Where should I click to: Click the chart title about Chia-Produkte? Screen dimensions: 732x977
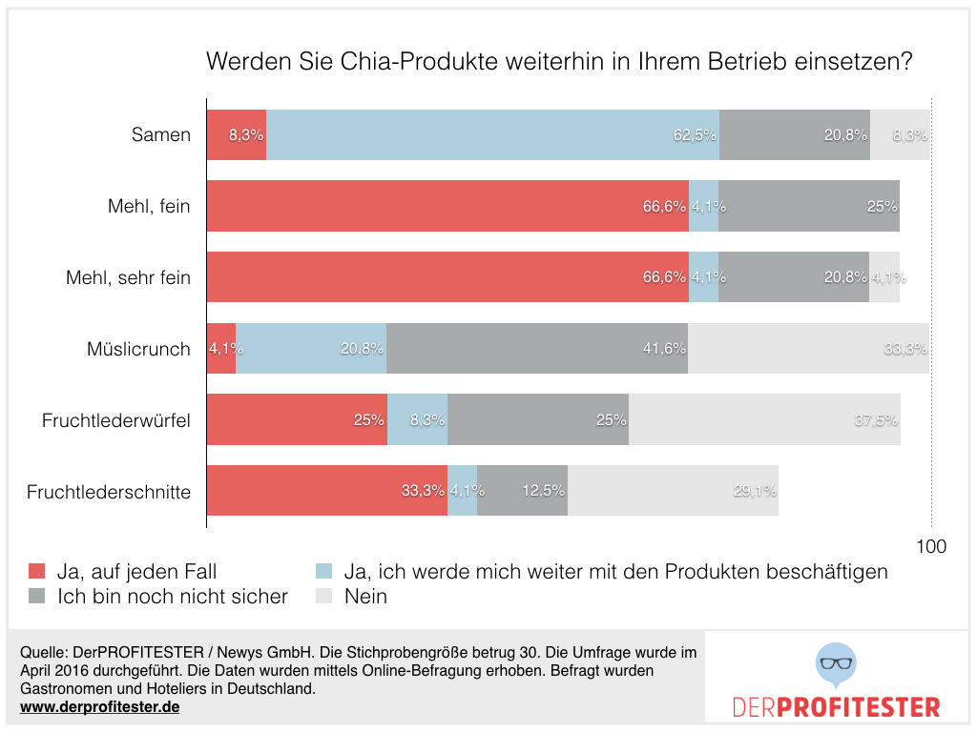tap(560, 63)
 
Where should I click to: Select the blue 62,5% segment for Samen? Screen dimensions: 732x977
tap(492, 134)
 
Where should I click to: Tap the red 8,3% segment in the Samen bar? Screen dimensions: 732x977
tap(237, 134)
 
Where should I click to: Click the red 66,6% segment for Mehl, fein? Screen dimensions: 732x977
tap(447, 206)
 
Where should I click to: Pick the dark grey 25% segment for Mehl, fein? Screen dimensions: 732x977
tap(809, 206)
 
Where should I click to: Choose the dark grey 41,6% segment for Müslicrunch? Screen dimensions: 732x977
tap(537, 348)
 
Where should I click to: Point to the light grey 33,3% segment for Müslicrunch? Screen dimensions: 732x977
tap(808, 348)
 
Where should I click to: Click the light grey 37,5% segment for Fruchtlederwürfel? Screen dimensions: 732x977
tap(764, 419)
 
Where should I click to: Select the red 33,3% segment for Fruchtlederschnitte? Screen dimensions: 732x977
tap(327, 491)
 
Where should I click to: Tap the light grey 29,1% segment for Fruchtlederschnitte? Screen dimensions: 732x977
tap(673, 491)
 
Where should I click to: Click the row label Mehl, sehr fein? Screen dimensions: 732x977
tap(128, 277)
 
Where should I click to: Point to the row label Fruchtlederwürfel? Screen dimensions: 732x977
tap(116, 420)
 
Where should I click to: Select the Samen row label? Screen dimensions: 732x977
tap(161, 134)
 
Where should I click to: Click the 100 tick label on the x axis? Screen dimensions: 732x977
tap(931, 547)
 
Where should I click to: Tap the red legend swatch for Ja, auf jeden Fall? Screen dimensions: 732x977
tap(36, 572)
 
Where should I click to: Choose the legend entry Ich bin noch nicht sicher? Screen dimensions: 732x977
tap(172, 597)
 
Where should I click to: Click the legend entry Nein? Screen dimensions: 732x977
tap(365, 597)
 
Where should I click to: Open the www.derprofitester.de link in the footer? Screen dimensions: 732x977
tap(99, 707)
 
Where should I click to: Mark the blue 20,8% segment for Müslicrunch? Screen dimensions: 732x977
tap(311, 348)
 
